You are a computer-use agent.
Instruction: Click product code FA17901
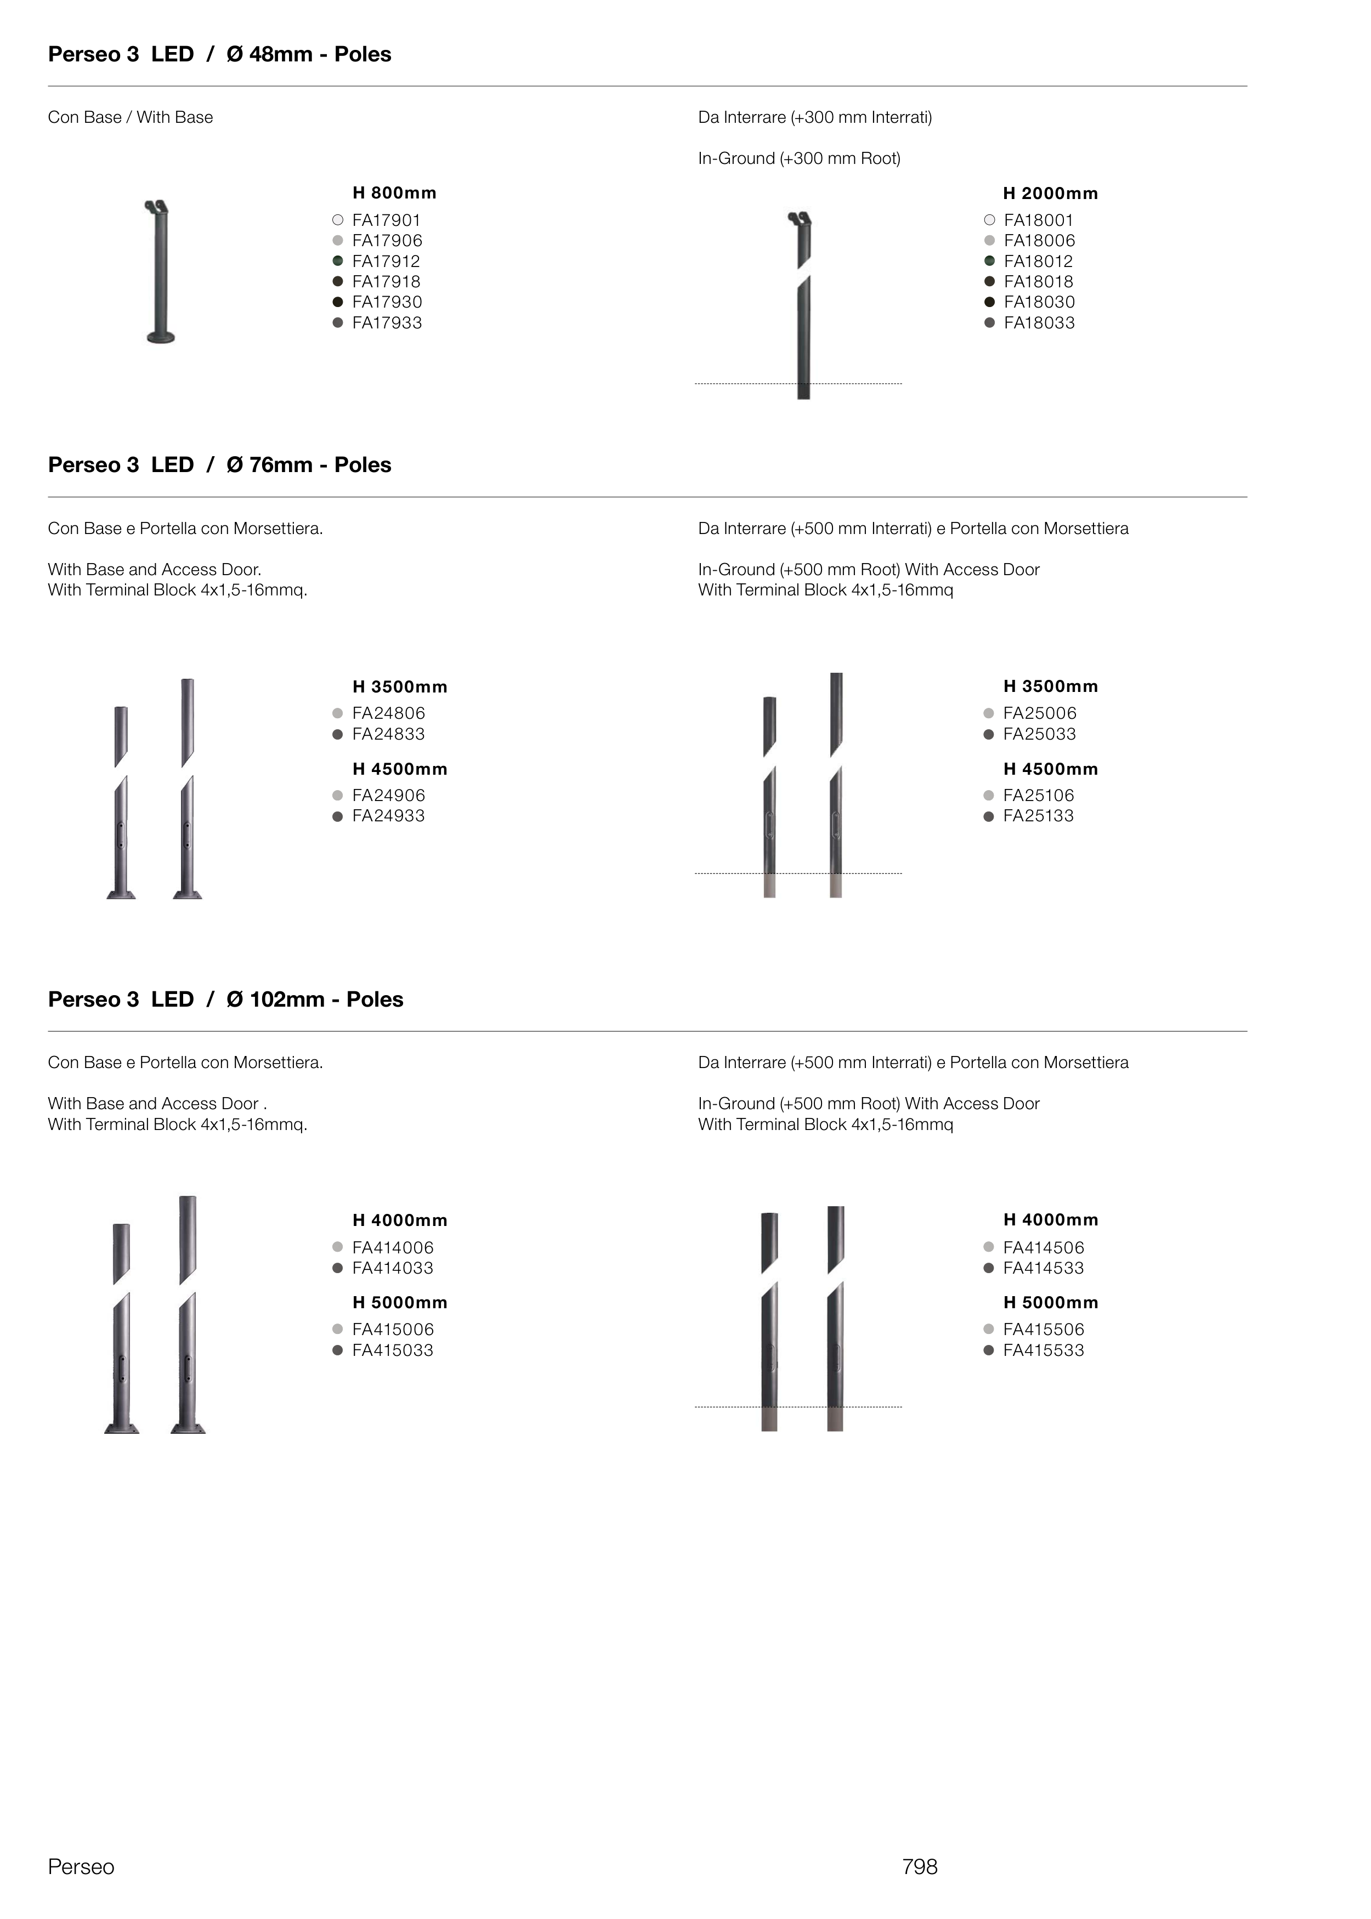[386, 220]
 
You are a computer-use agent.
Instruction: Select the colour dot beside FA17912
[338, 261]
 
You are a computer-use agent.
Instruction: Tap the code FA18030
[1039, 302]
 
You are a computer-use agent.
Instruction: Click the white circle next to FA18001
[989, 220]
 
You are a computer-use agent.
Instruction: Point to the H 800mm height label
[394, 193]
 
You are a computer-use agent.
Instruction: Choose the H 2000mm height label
[1050, 193]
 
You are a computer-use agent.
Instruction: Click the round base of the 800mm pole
[160, 338]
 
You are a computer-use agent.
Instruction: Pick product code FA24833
[388, 734]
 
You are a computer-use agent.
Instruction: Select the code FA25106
[1038, 796]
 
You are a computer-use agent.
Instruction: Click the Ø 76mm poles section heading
[219, 465]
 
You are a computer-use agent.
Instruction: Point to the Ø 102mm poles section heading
[225, 999]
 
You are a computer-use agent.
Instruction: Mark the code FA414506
[1044, 1247]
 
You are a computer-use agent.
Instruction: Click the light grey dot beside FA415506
[989, 1329]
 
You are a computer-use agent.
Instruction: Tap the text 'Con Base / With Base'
[130, 117]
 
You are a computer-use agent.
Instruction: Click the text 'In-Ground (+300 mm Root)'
[798, 158]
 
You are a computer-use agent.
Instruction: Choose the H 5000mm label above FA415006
[399, 1302]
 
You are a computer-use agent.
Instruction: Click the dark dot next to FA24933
[338, 816]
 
